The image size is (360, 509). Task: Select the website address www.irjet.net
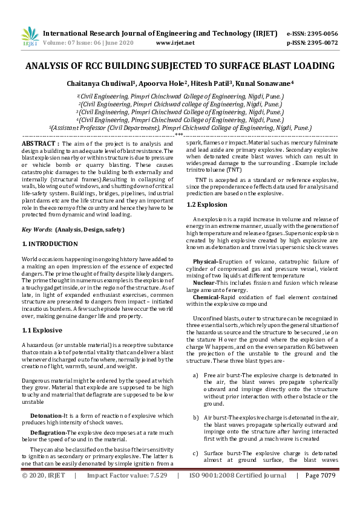[x=175, y=43]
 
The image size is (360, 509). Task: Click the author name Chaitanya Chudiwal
[x=113, y=82]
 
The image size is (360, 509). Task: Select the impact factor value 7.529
[x=155, y=493]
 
